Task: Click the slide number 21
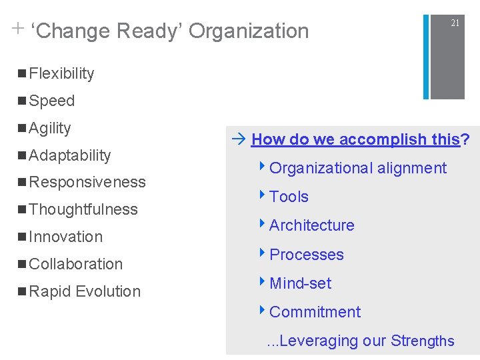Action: pos(455,23)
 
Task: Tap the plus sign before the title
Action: pos(17,29)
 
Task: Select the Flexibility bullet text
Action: pos(61,73)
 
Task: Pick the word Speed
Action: pos(52,101)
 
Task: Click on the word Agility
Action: pos(50,128)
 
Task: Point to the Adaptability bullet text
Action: pos(70,155)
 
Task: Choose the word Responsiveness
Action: pos(87,182)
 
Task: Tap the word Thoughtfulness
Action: pos(83,209)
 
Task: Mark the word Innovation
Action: pos(66,237)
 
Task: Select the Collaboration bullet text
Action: pos(76,264)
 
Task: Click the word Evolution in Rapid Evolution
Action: pos(108,291)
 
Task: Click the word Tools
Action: pos(289,197)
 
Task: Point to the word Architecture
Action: pos(311,225)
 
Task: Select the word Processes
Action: pos(307,255)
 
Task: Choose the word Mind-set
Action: pos(300,283)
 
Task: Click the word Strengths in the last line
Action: pos(423,341)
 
